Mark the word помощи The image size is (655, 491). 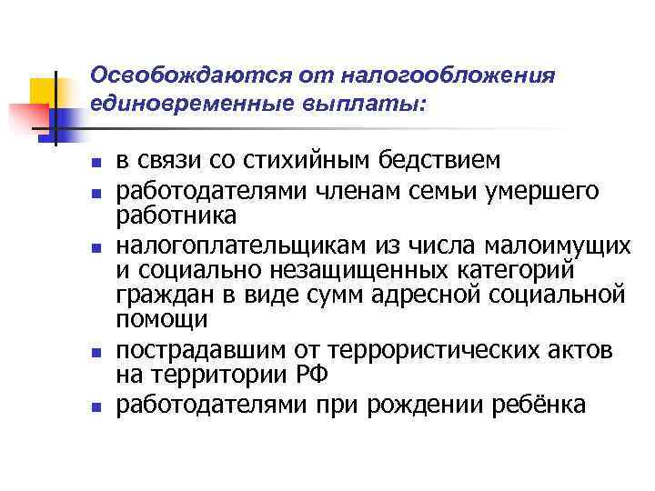tap(162, 320)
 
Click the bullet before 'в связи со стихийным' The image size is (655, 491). tap(96, 165)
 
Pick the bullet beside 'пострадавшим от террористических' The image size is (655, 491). tap(96, 353)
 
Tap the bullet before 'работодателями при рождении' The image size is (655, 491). tap(96, 406)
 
